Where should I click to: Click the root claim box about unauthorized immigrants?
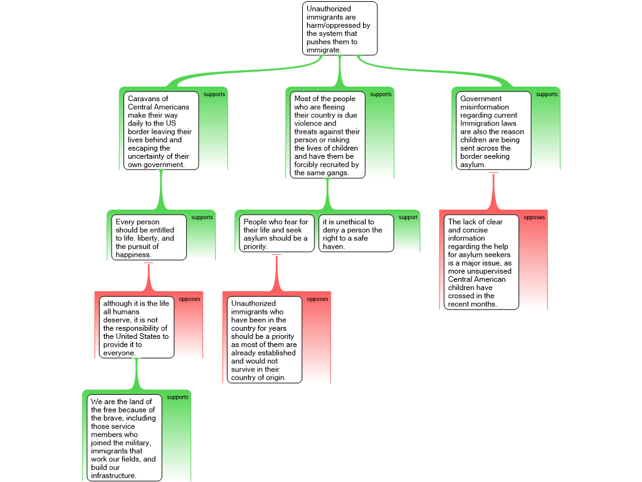(340, 28)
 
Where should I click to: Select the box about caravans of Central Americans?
(159, 131)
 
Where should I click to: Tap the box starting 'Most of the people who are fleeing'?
(327, 135)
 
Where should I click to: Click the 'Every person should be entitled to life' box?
(149, 237)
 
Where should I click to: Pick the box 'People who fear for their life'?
(276, 233)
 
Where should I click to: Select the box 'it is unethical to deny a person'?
(356, 233)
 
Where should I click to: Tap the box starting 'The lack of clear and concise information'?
(481, 262)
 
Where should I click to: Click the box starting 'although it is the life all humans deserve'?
(136, 327)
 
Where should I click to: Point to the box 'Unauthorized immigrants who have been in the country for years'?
(263, 340)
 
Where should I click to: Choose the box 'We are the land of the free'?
(124, 437)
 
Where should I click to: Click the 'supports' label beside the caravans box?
(214, 94)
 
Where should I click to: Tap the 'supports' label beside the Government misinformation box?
(547, 94)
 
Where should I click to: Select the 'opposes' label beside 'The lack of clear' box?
(534, 217)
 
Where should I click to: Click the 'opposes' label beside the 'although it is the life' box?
(189, 299)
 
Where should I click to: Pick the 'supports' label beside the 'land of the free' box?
(177, 397)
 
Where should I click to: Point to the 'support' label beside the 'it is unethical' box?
(408, 217)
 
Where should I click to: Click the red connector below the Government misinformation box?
(493, 191)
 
